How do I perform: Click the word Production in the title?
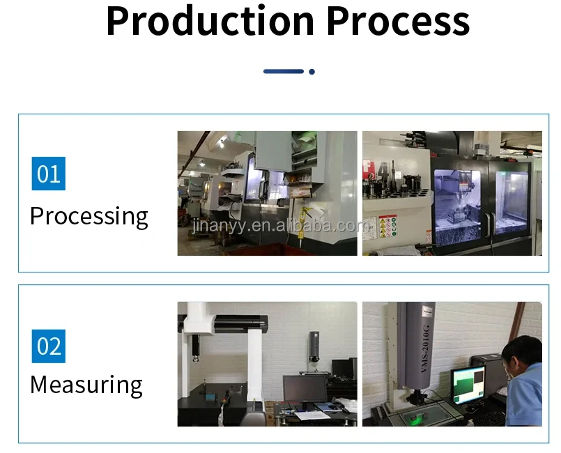pyautogui.click(x=210, y=22)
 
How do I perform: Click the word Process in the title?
pyautogui.click(x=398, y=23)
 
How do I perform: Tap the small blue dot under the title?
pyautogui.click(x=312, y=72)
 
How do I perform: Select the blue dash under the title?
pyautogui.click(x=284, y=72)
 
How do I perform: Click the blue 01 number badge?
pyautogui.click(x=49, y=174)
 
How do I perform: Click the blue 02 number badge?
pyautogui.click(x=49, y=346)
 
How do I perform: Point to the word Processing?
pyautogui.click(x=89, y=217)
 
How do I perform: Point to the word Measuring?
pyautogui.click(x=86, y=385)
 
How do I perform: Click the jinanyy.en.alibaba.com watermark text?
pyautogui.click(x=281, y=226)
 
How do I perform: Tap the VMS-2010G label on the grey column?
pyautogui.click(x=425, y=348)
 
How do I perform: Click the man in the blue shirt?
pyautogui.click(x=523, y=381)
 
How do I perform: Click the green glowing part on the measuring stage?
pyautogui.click(x=415, y=417)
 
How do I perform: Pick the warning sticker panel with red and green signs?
pyautogui.click(x=388, y=226)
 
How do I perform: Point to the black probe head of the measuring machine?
pyautogui.click(x=195, y=348)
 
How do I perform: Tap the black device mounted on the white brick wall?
pyautogui.click(x=314, y=346)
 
